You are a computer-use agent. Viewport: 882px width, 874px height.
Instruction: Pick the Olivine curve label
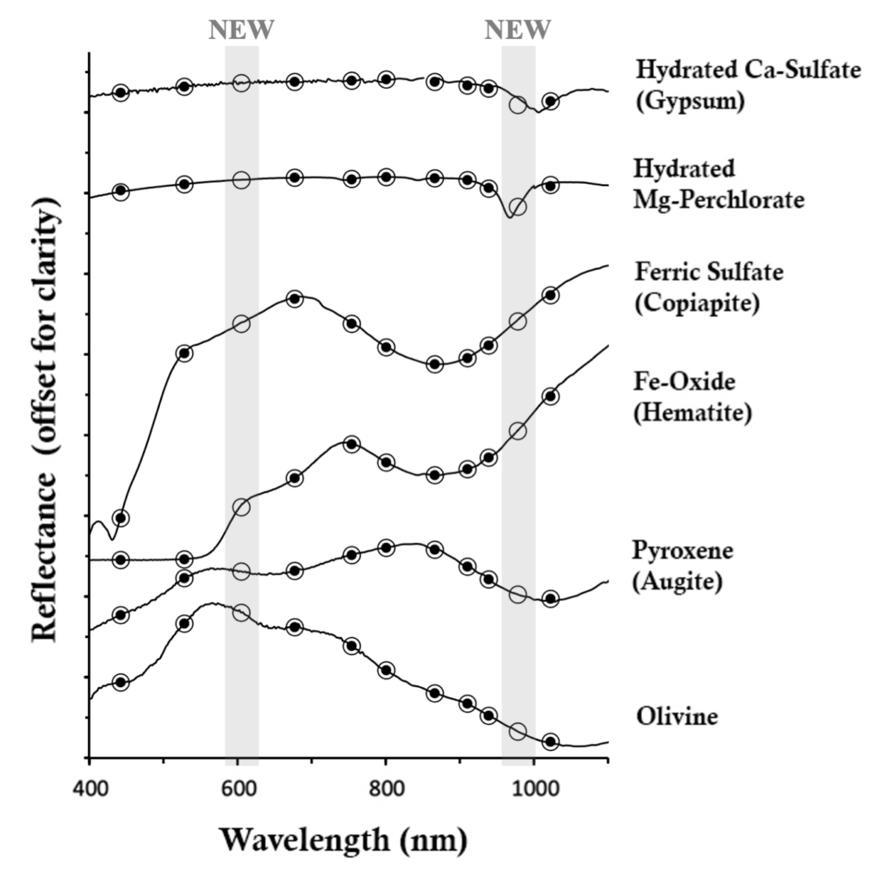[677, 716]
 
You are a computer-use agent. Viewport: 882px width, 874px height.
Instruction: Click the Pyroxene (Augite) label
[677, 565]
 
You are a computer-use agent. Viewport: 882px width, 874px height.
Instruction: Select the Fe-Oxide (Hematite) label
[693, 396]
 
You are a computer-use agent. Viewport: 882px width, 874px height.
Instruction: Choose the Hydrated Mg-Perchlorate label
[718, 183]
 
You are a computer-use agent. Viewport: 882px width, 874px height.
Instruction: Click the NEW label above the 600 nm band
[241, 30]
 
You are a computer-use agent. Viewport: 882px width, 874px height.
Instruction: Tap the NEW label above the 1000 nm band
[518, 30]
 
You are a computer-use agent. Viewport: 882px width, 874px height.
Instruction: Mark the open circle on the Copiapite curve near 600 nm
[241, 324]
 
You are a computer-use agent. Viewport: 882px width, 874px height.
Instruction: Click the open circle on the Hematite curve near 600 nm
[241, 507]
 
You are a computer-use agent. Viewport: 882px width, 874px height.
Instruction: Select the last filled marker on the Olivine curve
[550, 741]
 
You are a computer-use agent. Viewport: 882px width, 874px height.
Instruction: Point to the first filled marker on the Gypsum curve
[121, 92]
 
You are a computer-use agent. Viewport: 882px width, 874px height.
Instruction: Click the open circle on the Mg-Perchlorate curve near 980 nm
[518, 207]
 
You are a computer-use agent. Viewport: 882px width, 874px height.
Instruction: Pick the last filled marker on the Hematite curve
[550, 396]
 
